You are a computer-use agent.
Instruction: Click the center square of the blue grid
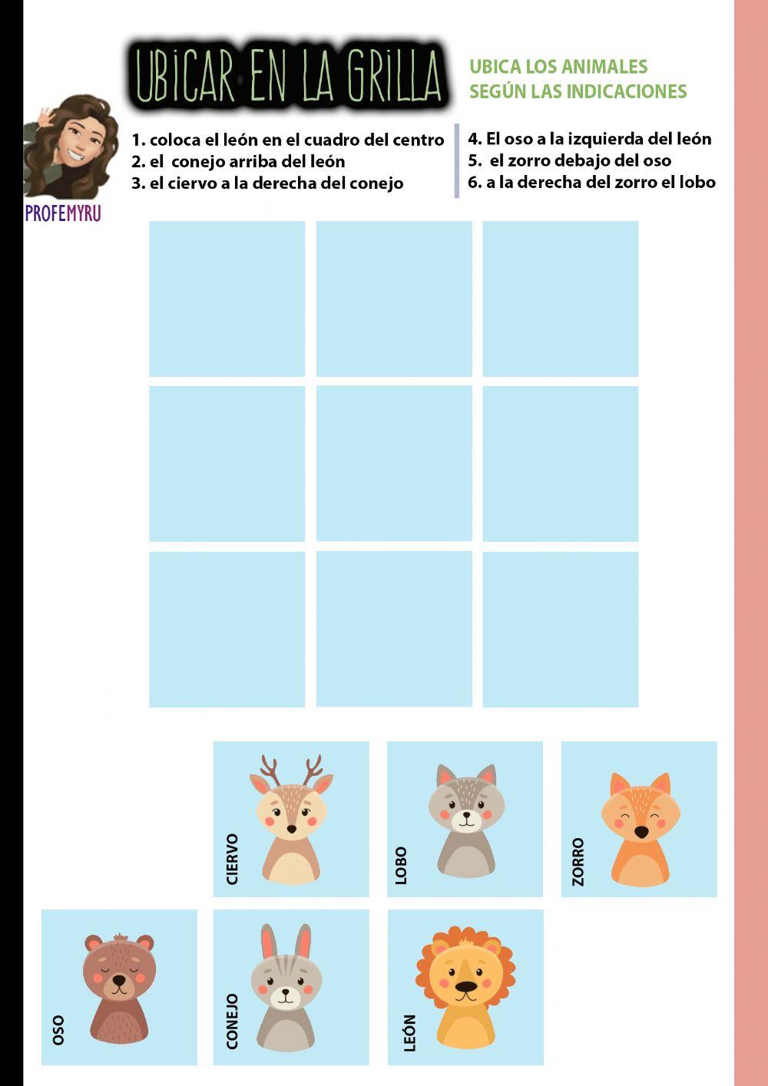pyautogui.click(x=394, y=464)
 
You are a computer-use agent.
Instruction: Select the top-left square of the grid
pyautogui.click(x=227, y=299)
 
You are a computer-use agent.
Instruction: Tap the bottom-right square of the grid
pyautogui.click(x=561, y=629)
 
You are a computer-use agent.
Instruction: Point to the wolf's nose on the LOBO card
pyautogui.click(x=465, y=817)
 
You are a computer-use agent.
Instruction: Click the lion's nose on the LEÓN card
pyautogui.click(x=465, y=988)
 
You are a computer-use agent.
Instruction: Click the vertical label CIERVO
pyautogui.click(x=233, y=859)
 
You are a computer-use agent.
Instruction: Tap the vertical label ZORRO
pyautogui.click(x=578, y=861)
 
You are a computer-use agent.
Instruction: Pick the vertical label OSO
pyautogui.click(x=58, y=1029)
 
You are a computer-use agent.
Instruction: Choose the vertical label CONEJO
pyautogui.click(x=232, y=1021)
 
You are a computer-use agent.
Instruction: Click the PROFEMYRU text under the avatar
pyautogui.click(x=63, y=213)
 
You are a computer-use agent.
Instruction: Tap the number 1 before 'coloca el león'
pyautogui.click(x=137, y=140)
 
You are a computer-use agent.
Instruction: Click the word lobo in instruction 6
pyautogui.click(x=697, y=182)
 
